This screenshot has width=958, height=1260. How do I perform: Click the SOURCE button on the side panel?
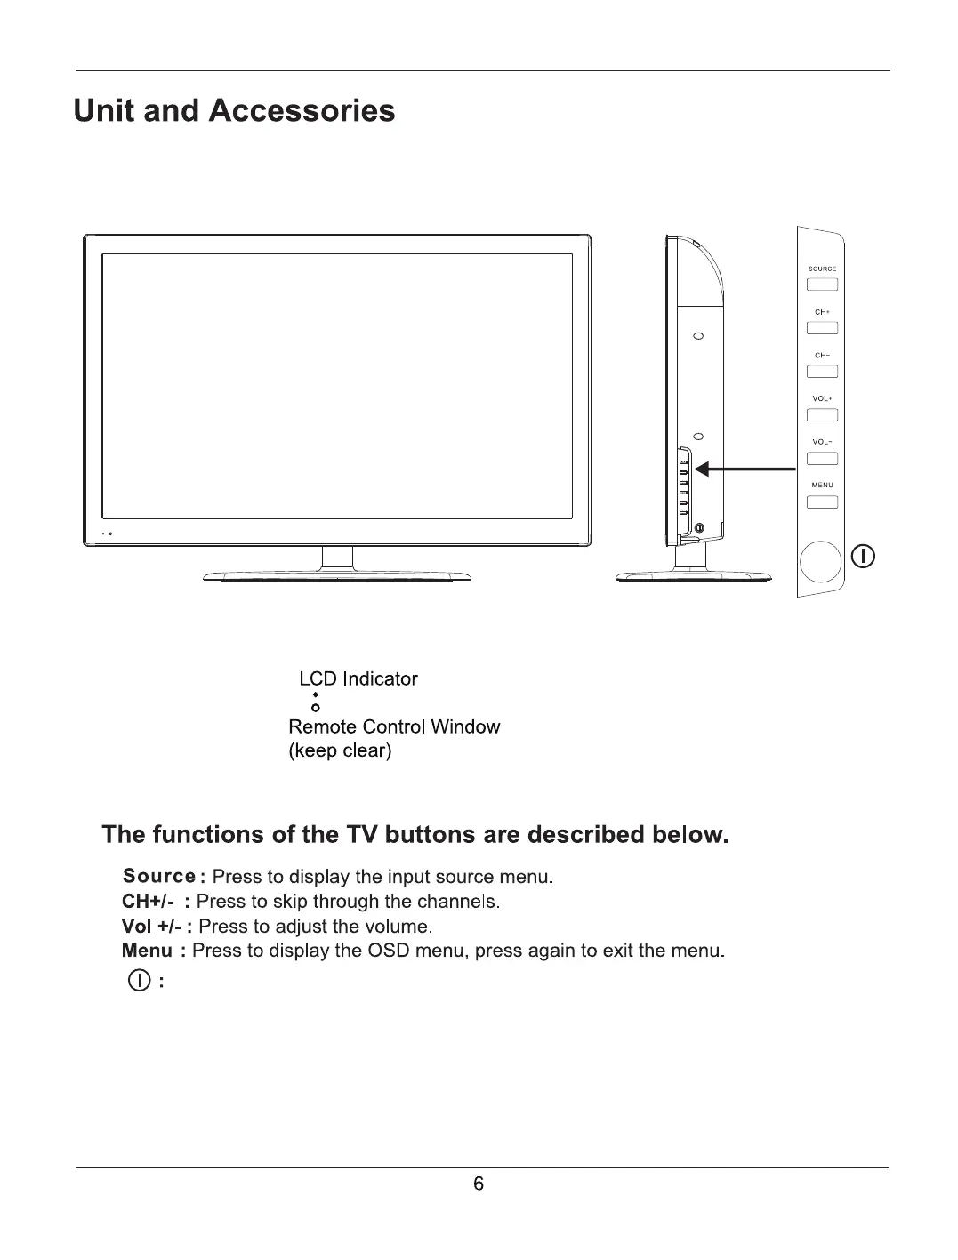pyautogui.click(x=822, y=285)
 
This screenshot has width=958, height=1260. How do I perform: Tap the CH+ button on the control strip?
pyautogui.click(x=822, y=328)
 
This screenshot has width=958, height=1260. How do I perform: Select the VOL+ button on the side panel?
pyautogui.click(x=822, y=415)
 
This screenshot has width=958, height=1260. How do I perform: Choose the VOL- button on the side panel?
pyautogui.click(x=822, y=459)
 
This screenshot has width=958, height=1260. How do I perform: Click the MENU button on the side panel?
pyautogui.click(x=822, y=502)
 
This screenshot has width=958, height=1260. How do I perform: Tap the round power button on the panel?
pyautogui.click(x=820, y=560)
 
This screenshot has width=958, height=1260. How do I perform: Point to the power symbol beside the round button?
pyautogui.click(x=864, y=558)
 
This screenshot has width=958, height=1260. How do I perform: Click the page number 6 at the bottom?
pyautogui.click(x=479, y=1184)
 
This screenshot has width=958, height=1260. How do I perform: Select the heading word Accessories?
pyautogui.click(x=302, y=111)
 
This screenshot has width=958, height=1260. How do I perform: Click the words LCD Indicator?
pyautogui.click(x=358, y=678)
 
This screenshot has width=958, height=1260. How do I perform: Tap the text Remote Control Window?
pyautogui.click(x=394, y=726)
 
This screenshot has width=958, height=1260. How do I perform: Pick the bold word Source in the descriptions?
pyautogui.click(x=159, y=877)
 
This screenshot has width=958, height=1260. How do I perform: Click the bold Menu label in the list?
pyautogui.click(x=147, y=951)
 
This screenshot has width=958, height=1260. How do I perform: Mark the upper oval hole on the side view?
pyautogui.click(x=698, y=337)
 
